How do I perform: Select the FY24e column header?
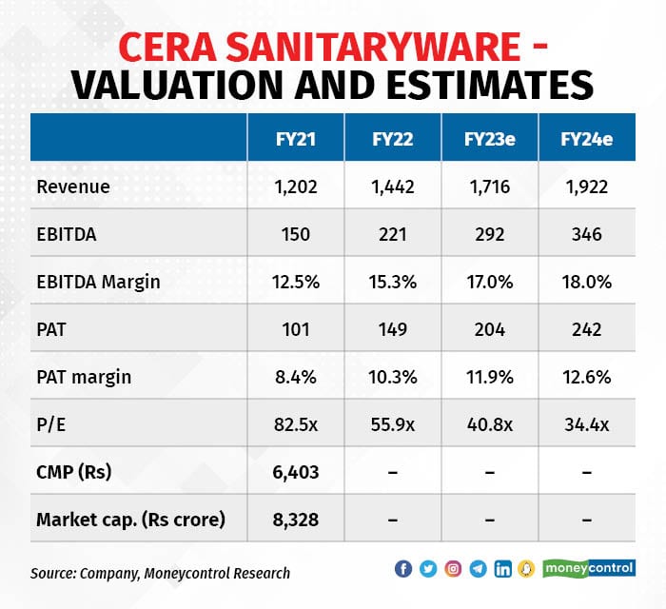[587, 138]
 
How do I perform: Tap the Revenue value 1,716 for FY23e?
[490, 187]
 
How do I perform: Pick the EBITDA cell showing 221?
[393, 234]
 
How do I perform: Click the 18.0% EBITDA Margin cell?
[587, 282]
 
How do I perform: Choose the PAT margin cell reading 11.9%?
[490, 377]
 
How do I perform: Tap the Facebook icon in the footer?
[403, 569]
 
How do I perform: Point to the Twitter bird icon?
[428, 569]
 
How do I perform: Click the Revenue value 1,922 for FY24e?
[587, 187]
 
